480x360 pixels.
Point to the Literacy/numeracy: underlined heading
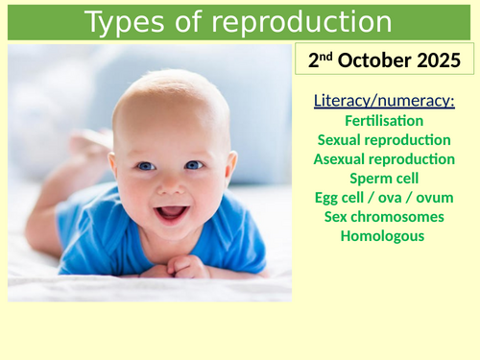click(x=384, y=101)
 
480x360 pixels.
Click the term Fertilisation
click(x=384, y=121)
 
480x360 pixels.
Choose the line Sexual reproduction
click(x=384, y=140)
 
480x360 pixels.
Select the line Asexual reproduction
click(x=384, y=159)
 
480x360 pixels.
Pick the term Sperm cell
click(x=384, y=179)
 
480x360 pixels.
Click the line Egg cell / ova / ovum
click(x=384, y=198)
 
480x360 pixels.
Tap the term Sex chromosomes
click(x=384, y=217)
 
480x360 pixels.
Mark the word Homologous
click(x=384, y=236)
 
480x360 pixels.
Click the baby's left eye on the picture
click(x=195, y=165)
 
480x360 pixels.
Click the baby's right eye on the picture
click(x=145, y=166)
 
